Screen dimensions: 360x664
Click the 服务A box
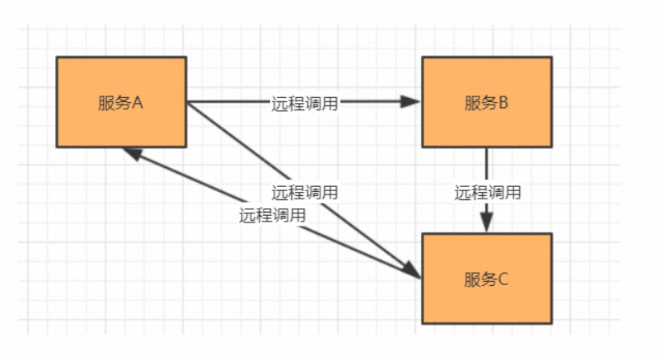point(121,102)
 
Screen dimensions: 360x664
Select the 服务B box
point(486,102)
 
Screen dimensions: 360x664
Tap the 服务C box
point(486,278)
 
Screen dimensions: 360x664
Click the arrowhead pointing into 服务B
point(411,102)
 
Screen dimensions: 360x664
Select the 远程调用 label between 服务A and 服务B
point(304,103)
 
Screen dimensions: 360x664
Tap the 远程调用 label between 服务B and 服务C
point(487,193)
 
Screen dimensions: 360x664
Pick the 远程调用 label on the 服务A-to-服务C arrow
point(304,192)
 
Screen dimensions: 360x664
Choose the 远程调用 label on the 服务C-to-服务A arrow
point(272,216)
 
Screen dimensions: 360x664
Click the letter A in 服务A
point(138,103)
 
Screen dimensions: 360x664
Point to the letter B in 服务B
point(503,103)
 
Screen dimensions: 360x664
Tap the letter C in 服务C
point(503,279)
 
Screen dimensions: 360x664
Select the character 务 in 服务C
point(487,279)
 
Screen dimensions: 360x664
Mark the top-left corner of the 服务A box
point(57,58)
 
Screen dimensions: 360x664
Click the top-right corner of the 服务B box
point(551,58)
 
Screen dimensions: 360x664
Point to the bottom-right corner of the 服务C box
point(551,323)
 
